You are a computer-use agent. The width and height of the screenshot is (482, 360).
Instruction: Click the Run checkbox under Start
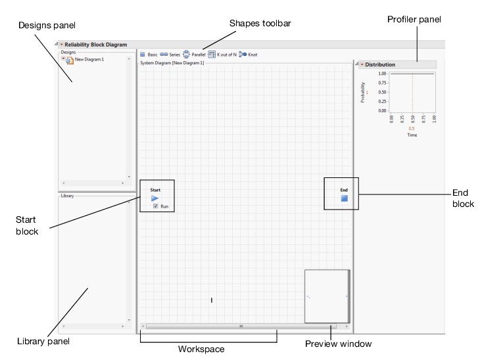[x=155, y=206]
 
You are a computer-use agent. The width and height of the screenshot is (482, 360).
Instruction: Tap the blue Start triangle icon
[x=155, y=198]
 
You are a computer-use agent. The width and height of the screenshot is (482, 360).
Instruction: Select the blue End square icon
[x=344, y=198]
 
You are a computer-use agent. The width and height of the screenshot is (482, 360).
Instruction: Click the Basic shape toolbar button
[x=149, y=54]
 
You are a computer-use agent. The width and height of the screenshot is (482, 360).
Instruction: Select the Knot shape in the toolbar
[x=248, y=54]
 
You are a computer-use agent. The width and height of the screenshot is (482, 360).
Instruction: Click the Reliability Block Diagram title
[x=95, y=45]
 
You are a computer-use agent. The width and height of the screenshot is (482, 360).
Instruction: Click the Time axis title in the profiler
[x=411, y=135]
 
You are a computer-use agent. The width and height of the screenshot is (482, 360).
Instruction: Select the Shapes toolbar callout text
[x=260, y=23]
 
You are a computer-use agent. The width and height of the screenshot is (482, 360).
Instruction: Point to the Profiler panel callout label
[x=414, y=20]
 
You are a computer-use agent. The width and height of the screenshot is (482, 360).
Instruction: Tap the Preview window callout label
[x=339, y=343]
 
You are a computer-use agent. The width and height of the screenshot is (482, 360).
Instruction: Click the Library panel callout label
[x=43, y=341]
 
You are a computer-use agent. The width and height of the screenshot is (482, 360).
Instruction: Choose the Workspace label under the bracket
[x=201, y=349]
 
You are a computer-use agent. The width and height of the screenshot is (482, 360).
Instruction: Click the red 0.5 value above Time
[x=411, y=129]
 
